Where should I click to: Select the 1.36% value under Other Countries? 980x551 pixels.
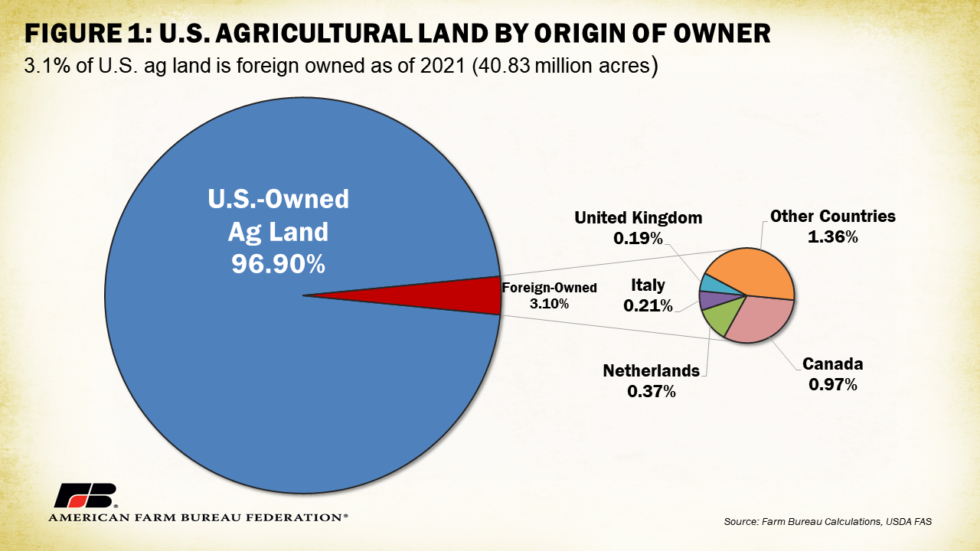[832, 237]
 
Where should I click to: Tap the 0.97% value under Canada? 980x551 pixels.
[832, 384]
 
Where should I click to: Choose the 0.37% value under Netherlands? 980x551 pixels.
[651, 391]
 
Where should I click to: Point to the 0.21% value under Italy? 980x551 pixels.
[648, 306]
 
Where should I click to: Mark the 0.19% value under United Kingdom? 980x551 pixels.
[638, 238]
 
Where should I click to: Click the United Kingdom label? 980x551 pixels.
[638, 217]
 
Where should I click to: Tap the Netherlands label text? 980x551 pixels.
[651, 371]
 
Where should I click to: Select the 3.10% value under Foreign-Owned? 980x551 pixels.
[549, 304]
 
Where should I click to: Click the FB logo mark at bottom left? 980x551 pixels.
[84, 496]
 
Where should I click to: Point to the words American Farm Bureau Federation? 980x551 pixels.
[198, 518]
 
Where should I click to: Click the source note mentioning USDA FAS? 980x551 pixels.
[828, 522]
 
